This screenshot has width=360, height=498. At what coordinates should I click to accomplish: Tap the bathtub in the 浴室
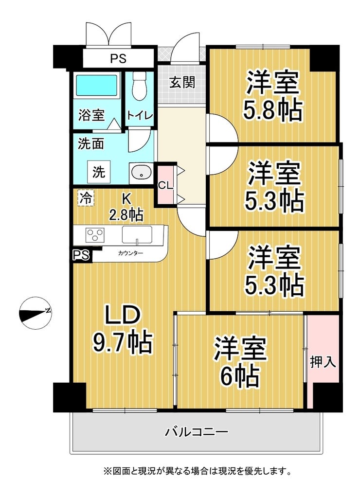(x=96, y=85)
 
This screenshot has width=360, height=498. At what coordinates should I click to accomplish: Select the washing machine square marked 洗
(x=99, y=172)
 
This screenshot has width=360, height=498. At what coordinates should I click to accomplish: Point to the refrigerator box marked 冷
(x=86, y=198)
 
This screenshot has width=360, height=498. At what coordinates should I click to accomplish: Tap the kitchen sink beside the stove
(x=137, y=235)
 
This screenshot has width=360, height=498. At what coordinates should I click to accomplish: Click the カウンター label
(x=130, y=253)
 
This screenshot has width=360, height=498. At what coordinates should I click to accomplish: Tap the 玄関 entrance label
(x=182, y=83)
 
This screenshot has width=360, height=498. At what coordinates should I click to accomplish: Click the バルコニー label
(x=197, y=432)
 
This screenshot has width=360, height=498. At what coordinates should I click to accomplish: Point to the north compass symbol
(x=36, y=313)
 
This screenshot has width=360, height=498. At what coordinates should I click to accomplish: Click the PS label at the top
(x=118, y=58)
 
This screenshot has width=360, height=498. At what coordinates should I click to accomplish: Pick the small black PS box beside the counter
(x=81, y=255)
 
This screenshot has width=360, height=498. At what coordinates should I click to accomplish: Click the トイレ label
(x=140, y=115)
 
